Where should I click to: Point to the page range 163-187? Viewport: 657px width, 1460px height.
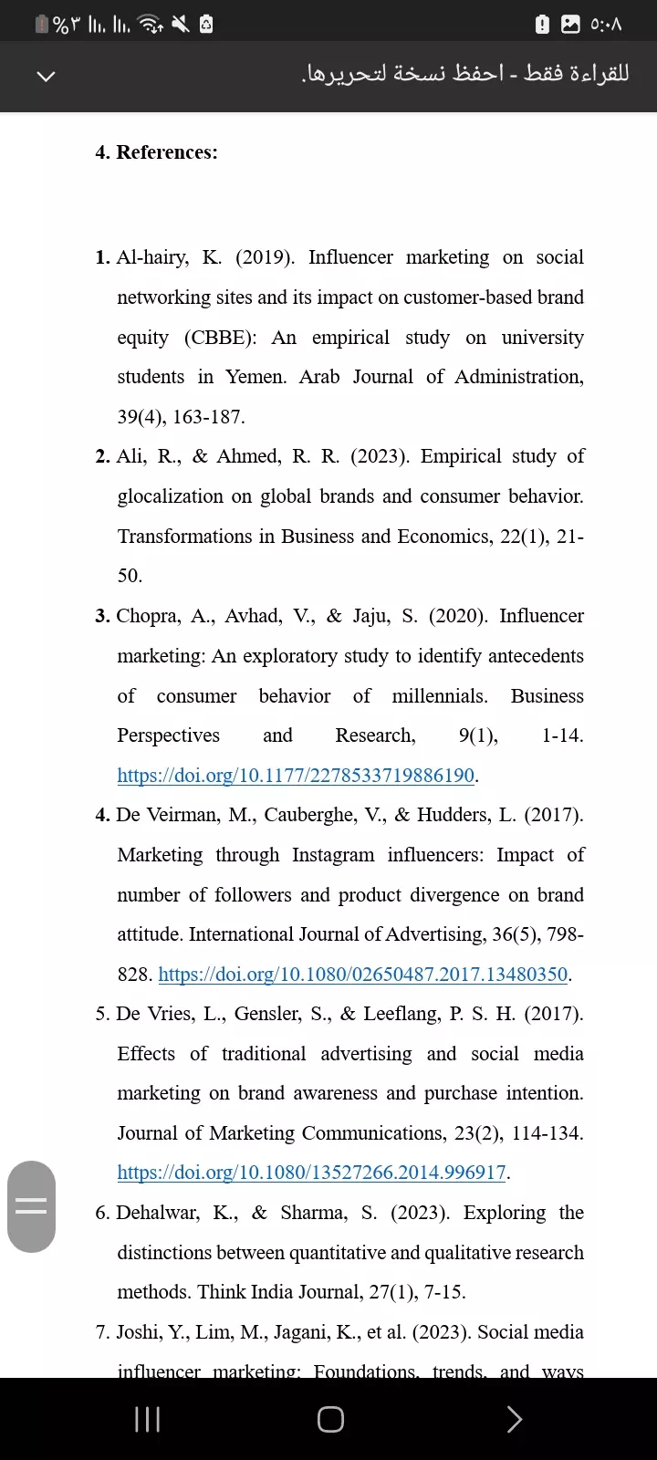tap(208, 417)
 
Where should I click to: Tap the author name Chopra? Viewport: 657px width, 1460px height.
tap(149, 616)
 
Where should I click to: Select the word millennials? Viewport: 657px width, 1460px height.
tap(439, 696)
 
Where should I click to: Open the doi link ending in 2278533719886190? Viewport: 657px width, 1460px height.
tap(296, 776)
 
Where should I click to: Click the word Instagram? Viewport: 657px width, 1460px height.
tap(333, 855)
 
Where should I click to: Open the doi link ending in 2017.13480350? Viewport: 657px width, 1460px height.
tap(363, 975)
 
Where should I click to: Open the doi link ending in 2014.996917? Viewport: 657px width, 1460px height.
tap(311, 1173)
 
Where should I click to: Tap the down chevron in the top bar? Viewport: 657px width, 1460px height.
tap(46, 76)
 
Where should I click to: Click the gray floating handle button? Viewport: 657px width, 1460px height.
tap(31, 1206)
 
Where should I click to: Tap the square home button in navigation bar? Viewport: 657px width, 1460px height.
tap(330, 1419)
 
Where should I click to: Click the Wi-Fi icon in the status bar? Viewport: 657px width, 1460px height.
tap(150, 25)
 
